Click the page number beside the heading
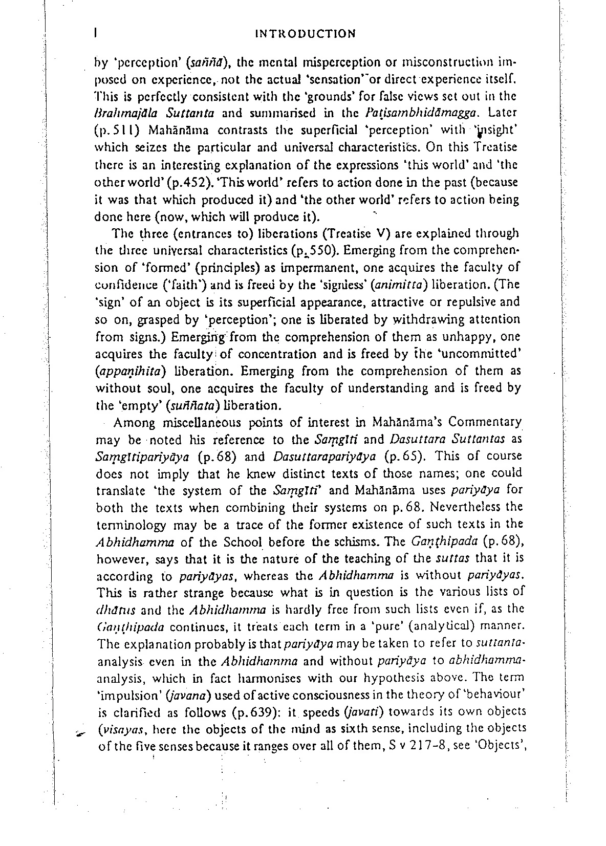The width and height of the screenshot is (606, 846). tap(96, 33)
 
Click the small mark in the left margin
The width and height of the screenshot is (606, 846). tap(78, 733)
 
